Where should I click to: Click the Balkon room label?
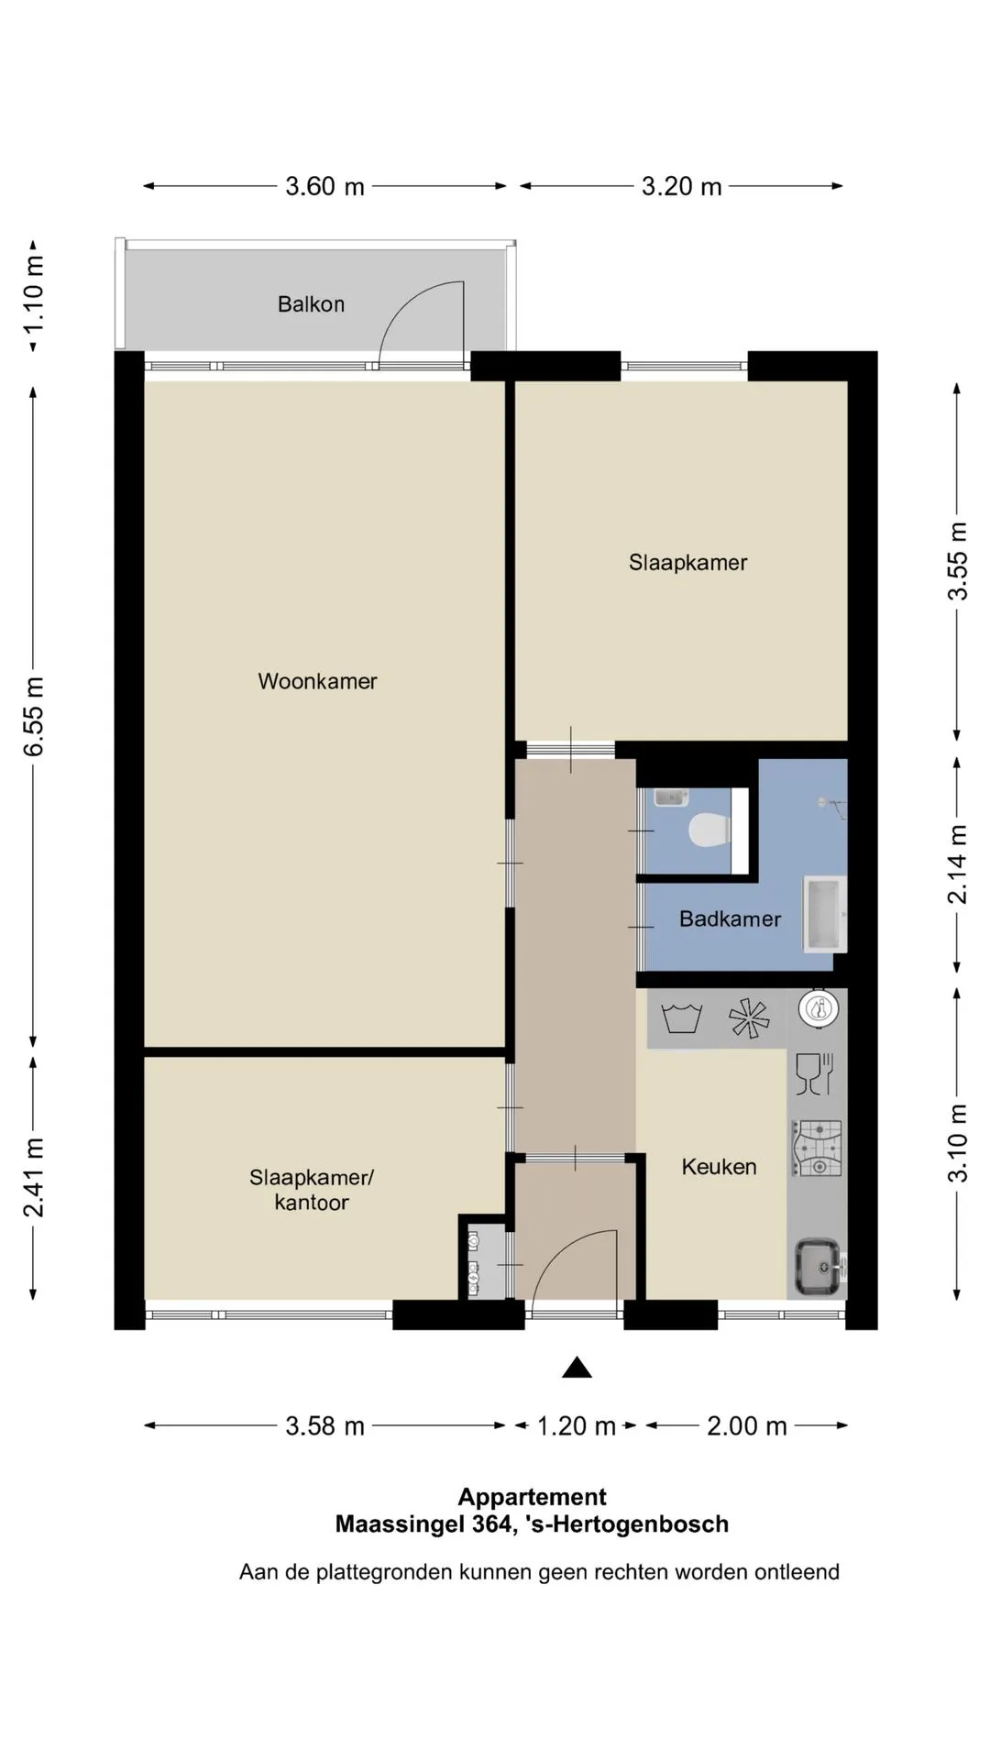[x=311, y=304]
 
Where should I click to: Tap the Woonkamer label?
[x=317, y=681]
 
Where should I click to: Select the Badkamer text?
[x=730, y=918]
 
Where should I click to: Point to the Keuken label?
[x=719, y=1167]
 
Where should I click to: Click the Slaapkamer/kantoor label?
[x=312, y=1190]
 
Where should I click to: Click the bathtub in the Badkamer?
[x=825, y=914]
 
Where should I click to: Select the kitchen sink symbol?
[x=819, y=1267]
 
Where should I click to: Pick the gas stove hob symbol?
[x=817, y=1149]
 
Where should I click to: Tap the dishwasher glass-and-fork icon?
[x=814, y=1073]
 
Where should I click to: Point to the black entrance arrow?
[x=577, y=1368]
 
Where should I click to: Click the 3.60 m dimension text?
[x=324, y=187]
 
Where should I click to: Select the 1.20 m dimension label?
[x=576, y=1425]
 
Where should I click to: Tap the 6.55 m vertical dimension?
[x=34, y=716]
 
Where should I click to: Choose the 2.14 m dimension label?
[x=957, y=864]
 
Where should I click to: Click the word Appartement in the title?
[x=533, y=1497]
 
